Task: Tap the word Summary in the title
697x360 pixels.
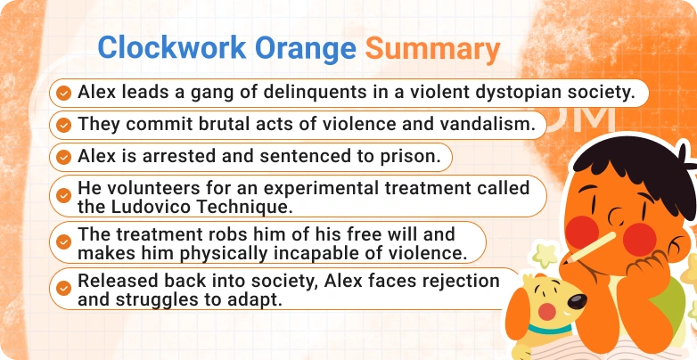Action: [x=432, y=48]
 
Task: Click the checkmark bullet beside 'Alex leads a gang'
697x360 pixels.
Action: [x=62, y=93]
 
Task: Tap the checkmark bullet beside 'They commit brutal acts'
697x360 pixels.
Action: [x=62, y=125]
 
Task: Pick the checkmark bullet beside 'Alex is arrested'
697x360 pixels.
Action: [x=62, y=157]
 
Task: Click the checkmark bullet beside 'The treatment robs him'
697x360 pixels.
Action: [x=62, y=243]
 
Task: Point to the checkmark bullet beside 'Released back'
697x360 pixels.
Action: [x=62, y=289]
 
